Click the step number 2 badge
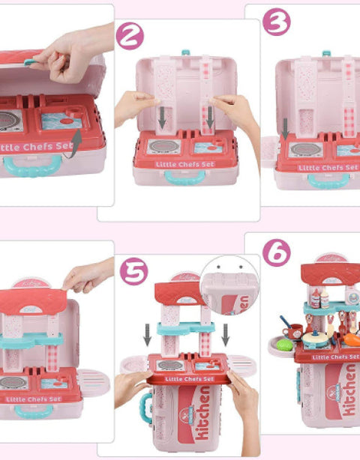pyautogui.click(x=130, y=36)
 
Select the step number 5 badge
pyautogui.click(x=134, y=271)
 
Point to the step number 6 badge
pyautogui.click(x=276, y=252)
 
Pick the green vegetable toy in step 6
pyautogui.click(x=285, y=345)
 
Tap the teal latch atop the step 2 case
pyautogui.click(x=185, y=53)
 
